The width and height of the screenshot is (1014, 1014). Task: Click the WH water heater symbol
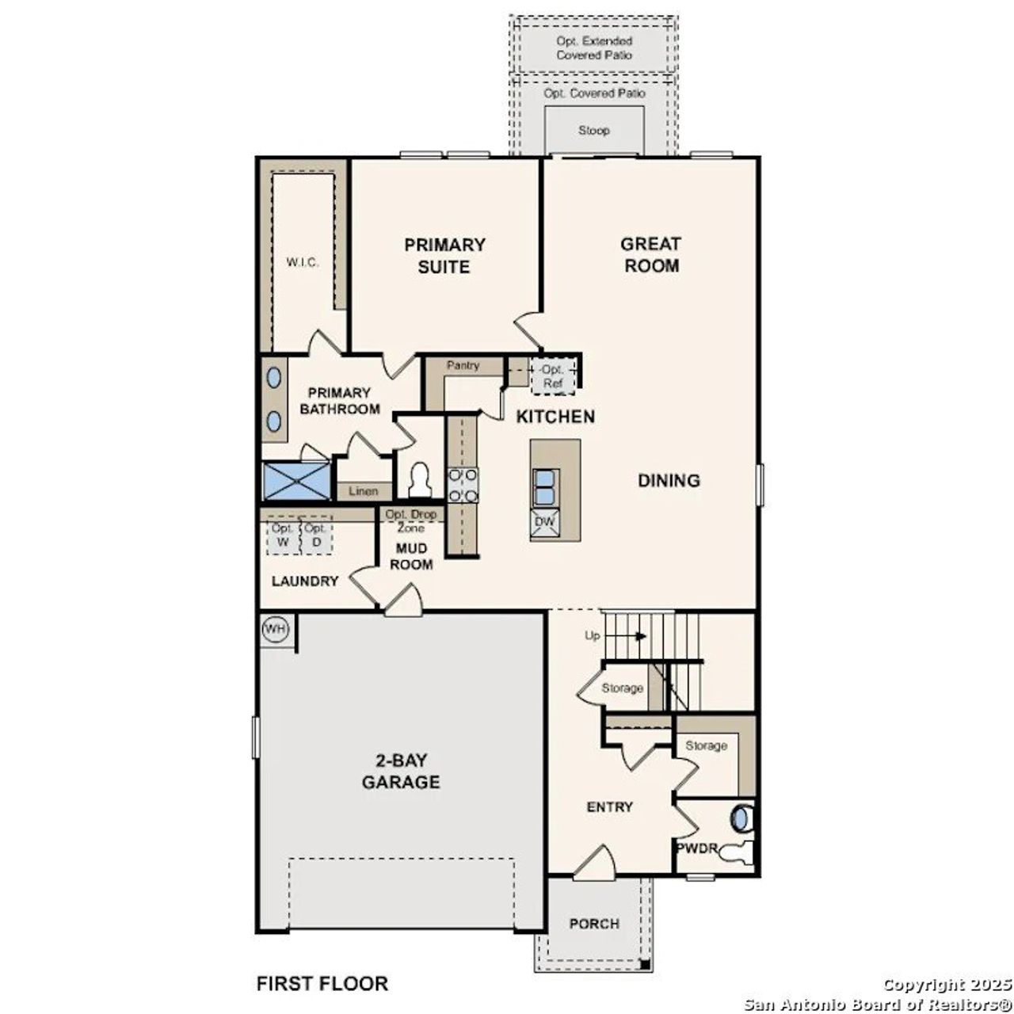[x=275, y=629]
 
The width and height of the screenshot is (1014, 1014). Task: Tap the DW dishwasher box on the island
[x=544, y=522]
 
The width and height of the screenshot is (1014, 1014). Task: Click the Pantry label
[x=463, y=366]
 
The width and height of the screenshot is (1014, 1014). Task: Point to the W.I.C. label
[x=303, y=263]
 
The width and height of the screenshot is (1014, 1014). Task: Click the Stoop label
[x=593, y=130]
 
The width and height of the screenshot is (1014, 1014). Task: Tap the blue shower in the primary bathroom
[x=296, y=481]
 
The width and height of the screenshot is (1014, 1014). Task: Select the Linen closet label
[x=364, y=491]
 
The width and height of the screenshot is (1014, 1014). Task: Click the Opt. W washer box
[x=282, y=536]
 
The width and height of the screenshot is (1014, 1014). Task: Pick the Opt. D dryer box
[x=315, y=536]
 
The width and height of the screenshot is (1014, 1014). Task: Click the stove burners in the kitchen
[x=463, y=485]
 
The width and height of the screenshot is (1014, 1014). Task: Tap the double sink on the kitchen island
[x=545, y=486]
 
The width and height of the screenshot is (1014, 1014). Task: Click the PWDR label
[x=696, y=848]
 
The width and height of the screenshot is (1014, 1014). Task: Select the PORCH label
[x=594, y=924]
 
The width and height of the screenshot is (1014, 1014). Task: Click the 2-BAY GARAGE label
[x=401, y=772]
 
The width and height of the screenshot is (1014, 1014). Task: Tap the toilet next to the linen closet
[x=418, y=479]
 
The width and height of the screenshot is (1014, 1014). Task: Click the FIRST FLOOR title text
[x=322, y=984]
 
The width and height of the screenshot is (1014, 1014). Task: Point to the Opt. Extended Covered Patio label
[x=594, y=48]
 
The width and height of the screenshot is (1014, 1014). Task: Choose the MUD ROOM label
[x=411, y=557]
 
